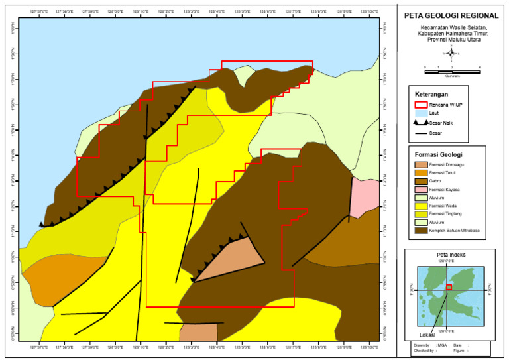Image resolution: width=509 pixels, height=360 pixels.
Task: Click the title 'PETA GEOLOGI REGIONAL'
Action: pos(451,15)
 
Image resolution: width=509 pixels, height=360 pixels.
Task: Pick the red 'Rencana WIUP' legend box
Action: pos(420,104)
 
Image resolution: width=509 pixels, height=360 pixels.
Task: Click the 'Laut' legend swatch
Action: pos(420,113)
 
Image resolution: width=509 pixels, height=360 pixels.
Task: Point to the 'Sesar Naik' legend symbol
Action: pos(420,123)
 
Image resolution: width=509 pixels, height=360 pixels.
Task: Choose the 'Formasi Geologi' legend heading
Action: pos(436,155)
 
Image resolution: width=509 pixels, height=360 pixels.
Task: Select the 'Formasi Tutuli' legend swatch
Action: pos(420,173)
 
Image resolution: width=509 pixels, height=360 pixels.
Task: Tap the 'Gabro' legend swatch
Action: pos(420,181)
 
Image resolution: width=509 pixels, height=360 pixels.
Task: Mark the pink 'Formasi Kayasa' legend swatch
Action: pos(420,190)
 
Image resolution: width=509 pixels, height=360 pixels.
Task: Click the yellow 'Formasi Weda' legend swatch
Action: pos(420,206)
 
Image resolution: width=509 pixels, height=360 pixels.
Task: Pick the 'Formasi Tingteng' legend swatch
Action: pos(420,214)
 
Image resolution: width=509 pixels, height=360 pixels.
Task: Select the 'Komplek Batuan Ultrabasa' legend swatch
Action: pos(420,231)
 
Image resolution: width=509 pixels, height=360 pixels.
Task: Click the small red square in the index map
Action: pos(449,287)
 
